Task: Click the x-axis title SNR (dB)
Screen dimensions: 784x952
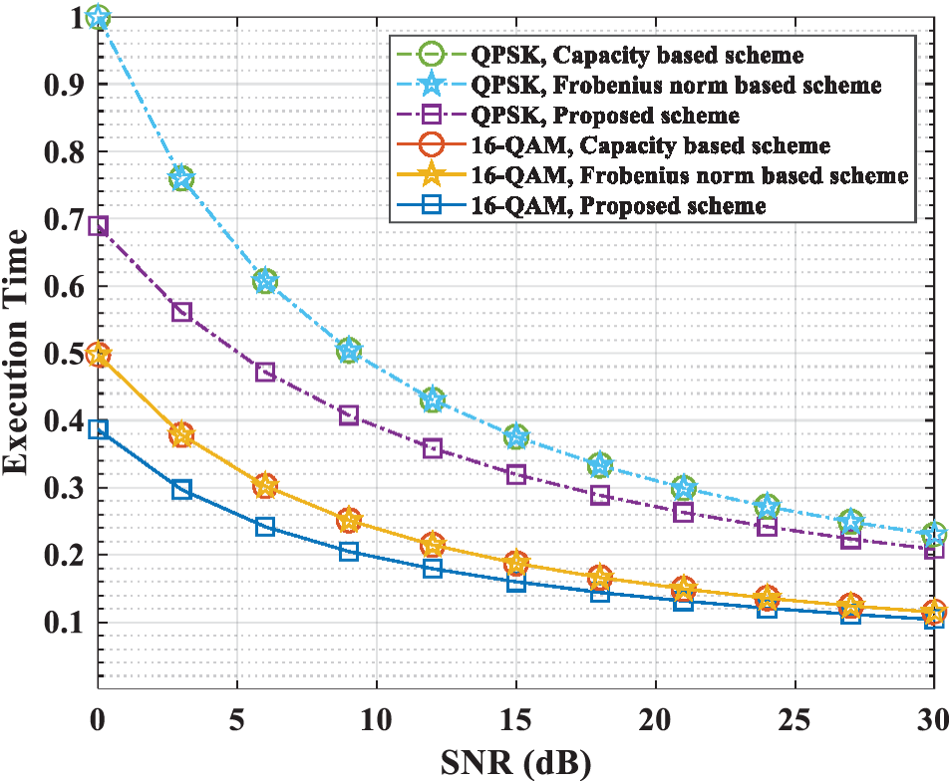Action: (515, 765)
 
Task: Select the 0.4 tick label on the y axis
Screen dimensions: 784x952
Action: (62, 420)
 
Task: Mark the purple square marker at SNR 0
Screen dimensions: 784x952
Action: (98, 226)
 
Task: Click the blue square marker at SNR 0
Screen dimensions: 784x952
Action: (98, 429)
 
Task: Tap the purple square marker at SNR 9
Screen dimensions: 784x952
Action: (348, 415)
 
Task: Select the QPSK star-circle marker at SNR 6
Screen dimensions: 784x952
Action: (264, 281)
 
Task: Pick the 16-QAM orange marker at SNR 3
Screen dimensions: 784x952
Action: (180, 435)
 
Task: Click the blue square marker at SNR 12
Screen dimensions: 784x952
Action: (432, 568)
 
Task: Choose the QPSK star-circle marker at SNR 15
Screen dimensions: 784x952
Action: (515, 436)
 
